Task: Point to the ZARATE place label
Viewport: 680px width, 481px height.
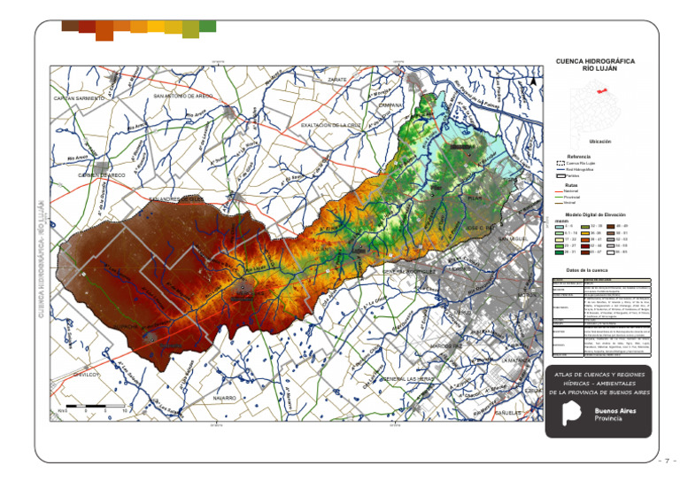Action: coord(337,80)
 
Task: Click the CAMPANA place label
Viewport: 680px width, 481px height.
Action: coord(390,105)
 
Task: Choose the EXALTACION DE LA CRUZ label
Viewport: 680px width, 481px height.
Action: coord(332,125)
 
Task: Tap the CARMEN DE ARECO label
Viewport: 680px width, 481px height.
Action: coord(102,175)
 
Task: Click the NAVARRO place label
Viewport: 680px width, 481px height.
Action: coord(224,399)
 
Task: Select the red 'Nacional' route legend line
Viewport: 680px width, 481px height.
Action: coord(559,190)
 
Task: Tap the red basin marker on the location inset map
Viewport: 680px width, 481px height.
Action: coord(599,91)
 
